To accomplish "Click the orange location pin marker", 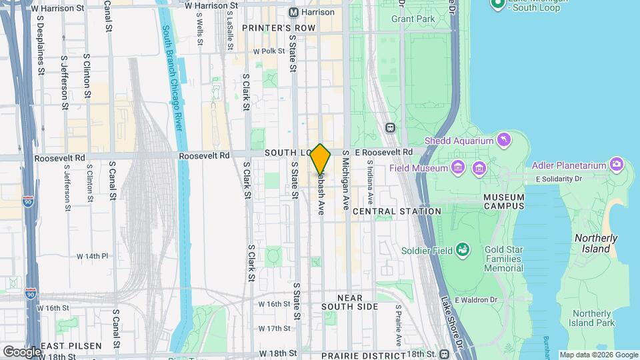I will [321, 159].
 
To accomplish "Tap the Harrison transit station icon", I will [293, 13].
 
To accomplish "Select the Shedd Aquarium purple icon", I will [505, 140].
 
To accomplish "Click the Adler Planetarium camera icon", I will [617, 165].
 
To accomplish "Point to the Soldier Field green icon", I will [462, 251].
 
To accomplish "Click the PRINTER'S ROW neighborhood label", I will [278, 28].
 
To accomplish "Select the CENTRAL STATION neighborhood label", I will [397, 211].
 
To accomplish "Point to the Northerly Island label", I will [596, 243].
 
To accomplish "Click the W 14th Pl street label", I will [92, 256].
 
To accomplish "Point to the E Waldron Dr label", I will [477, 300].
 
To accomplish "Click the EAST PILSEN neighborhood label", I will [71, 346].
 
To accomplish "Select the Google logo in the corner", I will [22, 351].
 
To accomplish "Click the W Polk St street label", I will [268, 51].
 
